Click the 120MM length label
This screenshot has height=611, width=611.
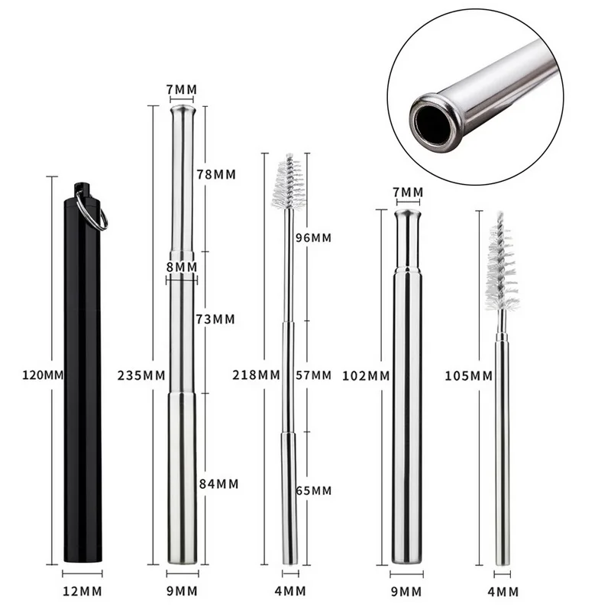(x=43, y=375)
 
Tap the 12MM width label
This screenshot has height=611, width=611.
(x=82, y=591)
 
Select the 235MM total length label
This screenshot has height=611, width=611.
(x=141, y=375)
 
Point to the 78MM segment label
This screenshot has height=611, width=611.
(x=216, y=174)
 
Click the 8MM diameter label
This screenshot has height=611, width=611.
(x=182, y=267)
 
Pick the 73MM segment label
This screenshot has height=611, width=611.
(x=215, y=319)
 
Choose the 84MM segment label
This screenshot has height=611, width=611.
(x=218, y=483)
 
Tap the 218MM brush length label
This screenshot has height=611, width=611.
(x=257, y=375)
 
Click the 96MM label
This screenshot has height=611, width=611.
(x=313, y=238)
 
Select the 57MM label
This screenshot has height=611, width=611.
(x=313, y=375)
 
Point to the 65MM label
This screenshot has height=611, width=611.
(x=313, y=490)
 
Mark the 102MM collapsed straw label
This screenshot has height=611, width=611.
(x=366, y=376)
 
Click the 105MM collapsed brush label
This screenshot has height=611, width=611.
(x=469, y=376)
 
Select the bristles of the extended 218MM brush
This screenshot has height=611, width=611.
(x=289, y=183)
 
